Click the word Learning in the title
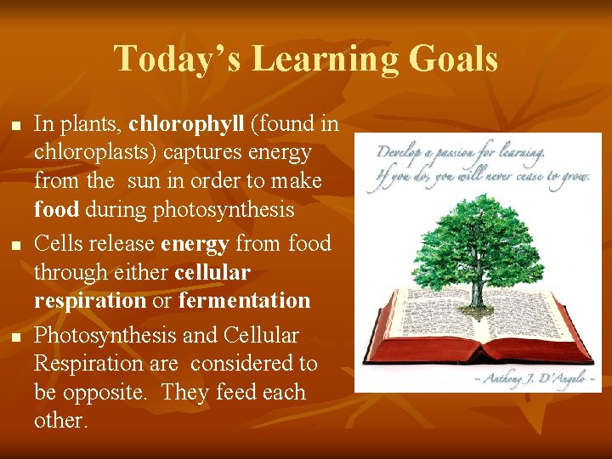[x=327, y=59]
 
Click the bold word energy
[x=194, y=243]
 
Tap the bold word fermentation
[x=244, y=300]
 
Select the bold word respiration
[x=90, y=300]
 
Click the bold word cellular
[x=212, y=272]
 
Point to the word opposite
[x=104, y=393]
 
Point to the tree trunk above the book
[x=479, y=289]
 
